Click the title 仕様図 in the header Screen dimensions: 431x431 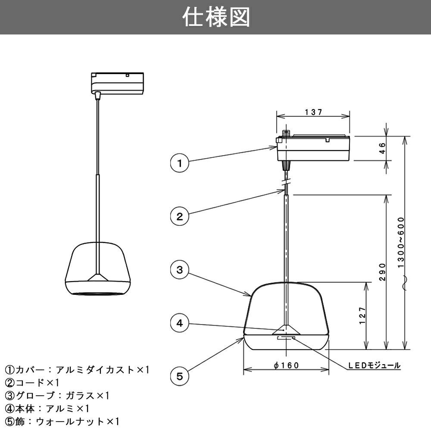point(215,17)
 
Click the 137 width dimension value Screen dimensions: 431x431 point(313,112)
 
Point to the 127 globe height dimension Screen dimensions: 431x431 point(362,315)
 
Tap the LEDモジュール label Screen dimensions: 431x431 point(374,365)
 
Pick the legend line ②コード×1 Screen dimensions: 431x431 point(32,383)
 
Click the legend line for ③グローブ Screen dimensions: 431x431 point(58,396)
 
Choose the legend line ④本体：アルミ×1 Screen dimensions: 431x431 point(47,408)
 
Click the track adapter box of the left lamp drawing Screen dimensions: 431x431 point(117,82)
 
